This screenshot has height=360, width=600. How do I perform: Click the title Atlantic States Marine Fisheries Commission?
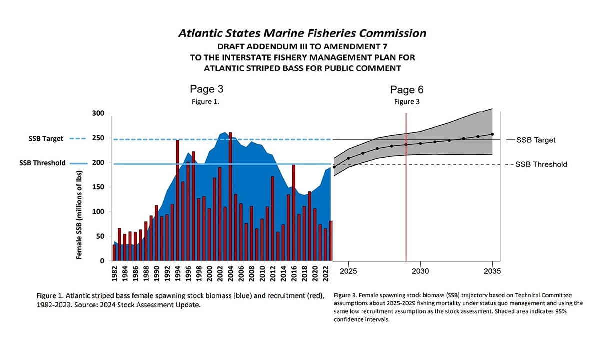(302, 33)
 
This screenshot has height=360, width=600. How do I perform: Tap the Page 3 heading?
(206, 89)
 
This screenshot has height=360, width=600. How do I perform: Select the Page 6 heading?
(407, 90)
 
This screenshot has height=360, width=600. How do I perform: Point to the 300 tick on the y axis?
(98, 114)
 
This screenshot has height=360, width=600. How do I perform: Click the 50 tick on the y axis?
(99, 236)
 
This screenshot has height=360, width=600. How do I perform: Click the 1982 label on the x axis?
(114, 275)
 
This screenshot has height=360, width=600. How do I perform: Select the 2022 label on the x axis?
(325, 275)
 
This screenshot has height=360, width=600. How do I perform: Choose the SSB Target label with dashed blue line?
(46, 139)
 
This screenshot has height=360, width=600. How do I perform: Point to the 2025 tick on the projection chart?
(348, 271)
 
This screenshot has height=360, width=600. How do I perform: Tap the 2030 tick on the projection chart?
(420, 271)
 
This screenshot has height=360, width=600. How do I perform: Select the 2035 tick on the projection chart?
(492, 271)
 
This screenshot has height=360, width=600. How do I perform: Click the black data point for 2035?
(492, 134)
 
